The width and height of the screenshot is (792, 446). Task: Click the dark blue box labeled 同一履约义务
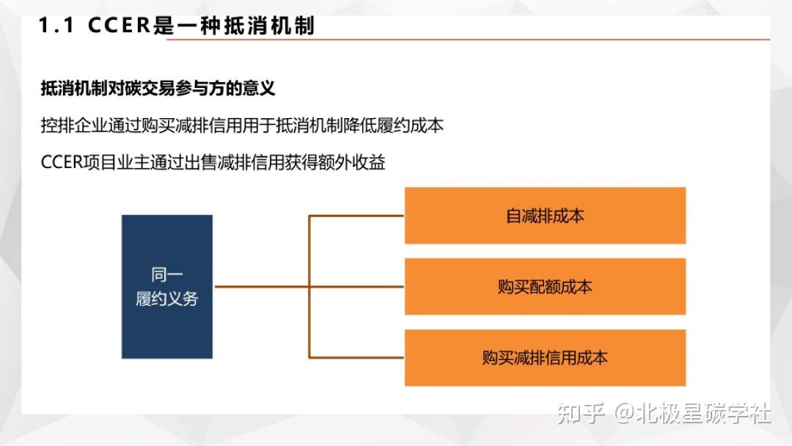coord(167,286)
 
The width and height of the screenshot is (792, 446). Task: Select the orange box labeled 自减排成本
coord(545,216)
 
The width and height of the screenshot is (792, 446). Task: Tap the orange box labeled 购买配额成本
coord(545,286)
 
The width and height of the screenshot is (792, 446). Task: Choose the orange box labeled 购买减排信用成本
coord(545,357)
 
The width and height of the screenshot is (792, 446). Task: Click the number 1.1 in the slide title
coord(57,26)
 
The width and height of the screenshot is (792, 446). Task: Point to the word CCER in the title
coord(120,26)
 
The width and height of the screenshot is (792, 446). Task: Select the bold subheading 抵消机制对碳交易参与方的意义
coord(158,89)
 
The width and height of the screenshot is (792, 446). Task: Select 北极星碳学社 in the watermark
coord(704,414)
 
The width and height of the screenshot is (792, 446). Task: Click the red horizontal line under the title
coord(469,40)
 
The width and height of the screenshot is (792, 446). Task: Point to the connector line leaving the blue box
coord(260,287)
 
